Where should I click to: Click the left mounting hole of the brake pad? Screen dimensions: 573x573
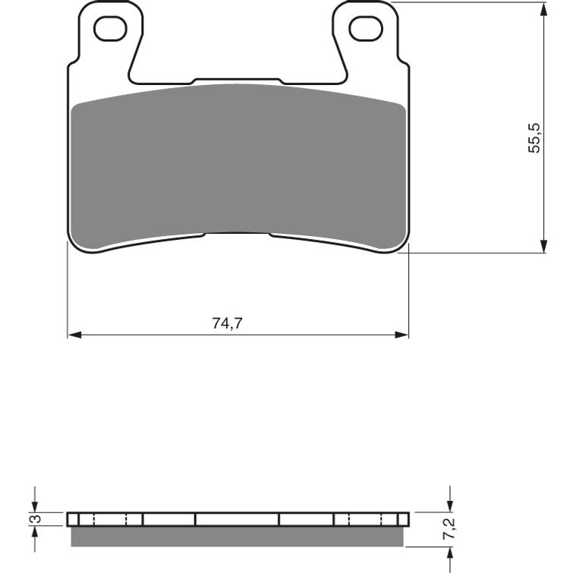point(110,28)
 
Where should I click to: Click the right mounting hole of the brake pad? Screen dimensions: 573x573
point(365,28)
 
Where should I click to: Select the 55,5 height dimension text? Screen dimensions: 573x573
point(535,137)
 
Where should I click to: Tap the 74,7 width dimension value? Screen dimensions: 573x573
point(227,323)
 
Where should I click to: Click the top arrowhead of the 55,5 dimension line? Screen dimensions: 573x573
point(544,8)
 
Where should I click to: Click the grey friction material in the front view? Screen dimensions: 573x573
point(238,163)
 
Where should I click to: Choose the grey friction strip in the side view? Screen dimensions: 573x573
point(237,537)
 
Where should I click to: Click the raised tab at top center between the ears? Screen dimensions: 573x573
point(238,80)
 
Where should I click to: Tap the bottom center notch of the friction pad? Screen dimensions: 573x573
point(238,235)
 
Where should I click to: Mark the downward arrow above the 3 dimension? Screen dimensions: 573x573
point(35,506)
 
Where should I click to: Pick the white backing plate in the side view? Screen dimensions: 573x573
point(237,520)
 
